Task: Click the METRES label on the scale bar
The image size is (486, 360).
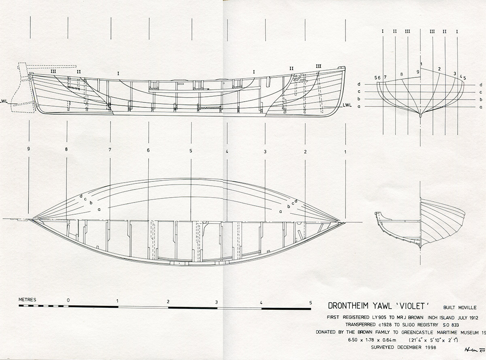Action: point(28,300)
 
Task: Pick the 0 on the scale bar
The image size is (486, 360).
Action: point(68,300)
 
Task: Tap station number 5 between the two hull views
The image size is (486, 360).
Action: point(191,151)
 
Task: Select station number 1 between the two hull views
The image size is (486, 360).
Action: point(345,152)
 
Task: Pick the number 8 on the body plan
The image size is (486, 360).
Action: point(401,75)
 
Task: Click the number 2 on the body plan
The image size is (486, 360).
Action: point(439,69)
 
